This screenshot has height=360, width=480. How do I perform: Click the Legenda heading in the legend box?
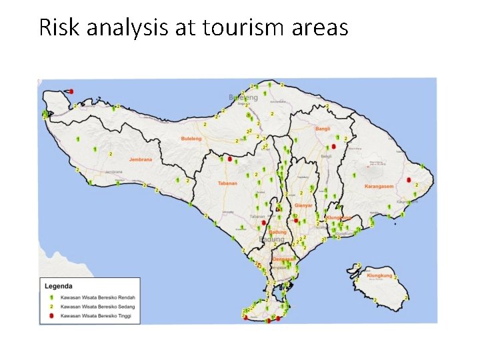[x=59, y=286]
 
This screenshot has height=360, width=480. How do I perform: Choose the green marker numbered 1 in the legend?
[x=51, y=297]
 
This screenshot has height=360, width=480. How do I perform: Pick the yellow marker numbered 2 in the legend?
[x=51, y=306]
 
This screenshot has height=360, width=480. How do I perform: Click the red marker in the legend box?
[x=51, y=315]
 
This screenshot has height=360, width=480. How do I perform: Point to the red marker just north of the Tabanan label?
[x=230, y=159]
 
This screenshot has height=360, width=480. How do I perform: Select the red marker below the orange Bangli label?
[x=333, y=146]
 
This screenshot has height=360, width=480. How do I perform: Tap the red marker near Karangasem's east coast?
[x=408, y=179]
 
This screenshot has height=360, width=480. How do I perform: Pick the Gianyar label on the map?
[x=303, y=206]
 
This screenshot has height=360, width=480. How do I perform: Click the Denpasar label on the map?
[x=283, y=259]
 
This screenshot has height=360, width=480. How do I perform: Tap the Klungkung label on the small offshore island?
[x=379, y=275]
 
